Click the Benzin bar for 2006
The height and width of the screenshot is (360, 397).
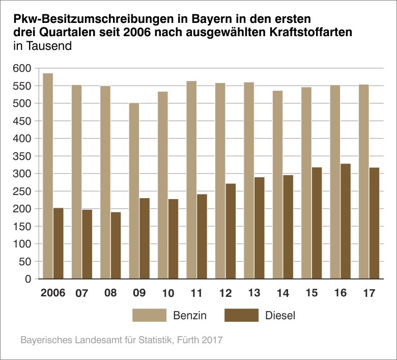(48, 176)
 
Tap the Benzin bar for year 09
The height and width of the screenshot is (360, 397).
(134, 191)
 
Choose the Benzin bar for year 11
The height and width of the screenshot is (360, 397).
(191, 180)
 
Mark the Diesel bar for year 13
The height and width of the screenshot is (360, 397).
(260, 228)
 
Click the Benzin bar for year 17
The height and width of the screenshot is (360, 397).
(363, 182)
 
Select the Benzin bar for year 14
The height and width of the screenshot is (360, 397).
(277, 185)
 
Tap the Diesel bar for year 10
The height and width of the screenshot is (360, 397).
(174, 239)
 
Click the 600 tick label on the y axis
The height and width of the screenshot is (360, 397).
(24, 68)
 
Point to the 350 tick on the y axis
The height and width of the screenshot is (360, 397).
(24, 156)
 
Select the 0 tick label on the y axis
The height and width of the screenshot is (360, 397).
(28, 279)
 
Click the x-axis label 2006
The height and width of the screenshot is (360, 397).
(53, 294)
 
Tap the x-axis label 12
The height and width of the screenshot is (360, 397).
(225, 294)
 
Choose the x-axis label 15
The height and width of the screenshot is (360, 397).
(311, 294)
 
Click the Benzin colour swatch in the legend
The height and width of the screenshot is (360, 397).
(149, 315)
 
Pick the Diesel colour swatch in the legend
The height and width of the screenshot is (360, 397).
(241, 315)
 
